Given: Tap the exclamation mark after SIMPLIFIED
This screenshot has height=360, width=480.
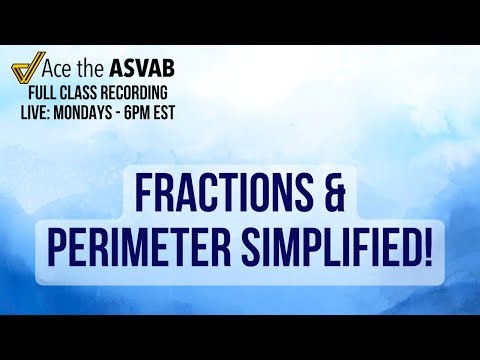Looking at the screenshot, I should pyautogui.click(x=426, y=246).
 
